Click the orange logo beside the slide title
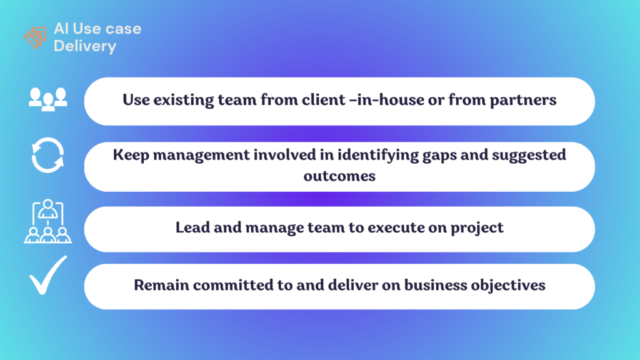click(35, 37)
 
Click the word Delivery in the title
click(85, 46)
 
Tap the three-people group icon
click(48, 99)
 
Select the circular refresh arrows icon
click(47, 155)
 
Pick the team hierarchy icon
click(47, 221)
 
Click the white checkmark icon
click(47, 275)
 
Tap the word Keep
click(131, 156)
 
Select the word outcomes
click(339, 176)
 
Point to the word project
click(477, 228)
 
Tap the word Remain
click(161, 285)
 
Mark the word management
click(201, 156)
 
